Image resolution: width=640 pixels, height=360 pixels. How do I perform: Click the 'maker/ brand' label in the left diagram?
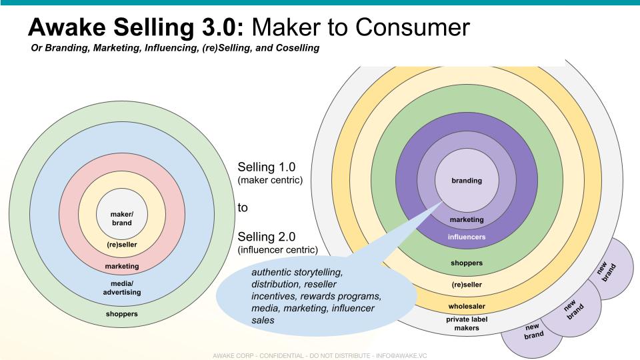coord(121,218)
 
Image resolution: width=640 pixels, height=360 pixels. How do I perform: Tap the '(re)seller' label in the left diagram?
coord(121,245)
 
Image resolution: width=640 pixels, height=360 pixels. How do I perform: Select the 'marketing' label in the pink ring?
coord(121,267)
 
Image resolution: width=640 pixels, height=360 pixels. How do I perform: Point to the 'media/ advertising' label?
coord(121,288)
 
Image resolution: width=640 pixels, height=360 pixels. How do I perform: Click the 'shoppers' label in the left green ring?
coord(121,313)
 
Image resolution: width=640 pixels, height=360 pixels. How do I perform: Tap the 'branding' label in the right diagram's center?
coord(467,181)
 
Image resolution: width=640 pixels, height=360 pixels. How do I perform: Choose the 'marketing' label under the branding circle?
coord(467,219)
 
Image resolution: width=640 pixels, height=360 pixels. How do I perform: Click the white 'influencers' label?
coord(467,237)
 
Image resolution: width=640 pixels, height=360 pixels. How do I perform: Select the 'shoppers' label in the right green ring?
coord(467,263)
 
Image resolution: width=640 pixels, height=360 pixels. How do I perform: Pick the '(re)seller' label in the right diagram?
coord(467,285)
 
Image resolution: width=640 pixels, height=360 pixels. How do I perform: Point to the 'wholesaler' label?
coord(467,306)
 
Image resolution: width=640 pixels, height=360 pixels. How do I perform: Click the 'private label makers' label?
coord(467,323)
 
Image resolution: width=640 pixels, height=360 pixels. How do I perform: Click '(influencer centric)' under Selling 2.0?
coord(277,250)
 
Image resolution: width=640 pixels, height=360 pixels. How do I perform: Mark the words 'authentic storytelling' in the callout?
coord(297,272)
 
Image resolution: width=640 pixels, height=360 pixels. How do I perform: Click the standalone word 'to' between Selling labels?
coord(243,207)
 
